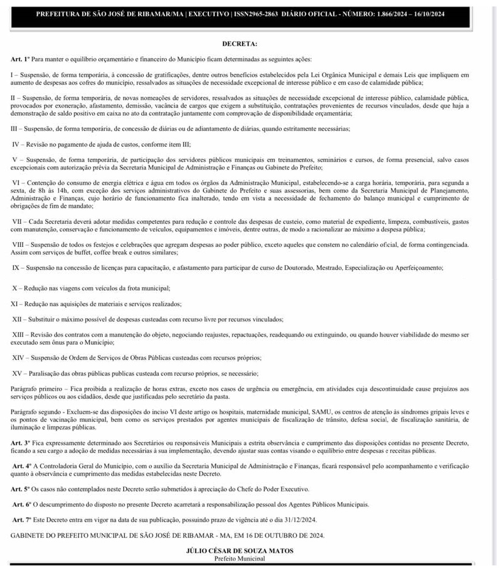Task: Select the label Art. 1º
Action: [x=19, y=59]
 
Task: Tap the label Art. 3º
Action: [x=19, y=442]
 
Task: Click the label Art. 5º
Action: [x=19, y=488]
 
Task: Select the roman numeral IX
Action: [x=16, y=268]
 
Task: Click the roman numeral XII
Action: [x=18, y=320]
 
